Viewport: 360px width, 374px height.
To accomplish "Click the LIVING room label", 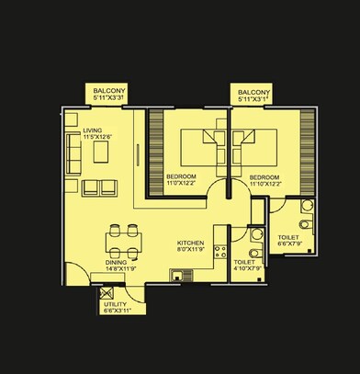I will [93, 130].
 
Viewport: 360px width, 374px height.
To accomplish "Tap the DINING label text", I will [115, 262].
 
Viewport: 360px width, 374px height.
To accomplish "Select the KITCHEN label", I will [190, 243].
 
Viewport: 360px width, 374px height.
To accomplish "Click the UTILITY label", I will [115, 303].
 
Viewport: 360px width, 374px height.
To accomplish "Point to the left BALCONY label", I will [109, 91].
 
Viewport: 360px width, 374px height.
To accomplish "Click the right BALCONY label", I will [253, 93].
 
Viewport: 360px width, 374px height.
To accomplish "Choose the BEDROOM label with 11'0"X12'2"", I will [180, 176].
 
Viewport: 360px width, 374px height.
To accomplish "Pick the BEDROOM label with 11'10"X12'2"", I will [264, 176].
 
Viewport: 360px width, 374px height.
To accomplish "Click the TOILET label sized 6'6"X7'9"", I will [287, 236].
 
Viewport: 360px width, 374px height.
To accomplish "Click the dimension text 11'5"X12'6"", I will [97, 138].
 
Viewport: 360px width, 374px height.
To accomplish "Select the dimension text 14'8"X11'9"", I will [119, 269].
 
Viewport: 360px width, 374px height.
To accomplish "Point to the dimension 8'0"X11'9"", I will [190, 249].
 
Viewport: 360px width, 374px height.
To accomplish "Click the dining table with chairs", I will [122, 241].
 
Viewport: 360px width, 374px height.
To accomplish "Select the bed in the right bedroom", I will [255, 144].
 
